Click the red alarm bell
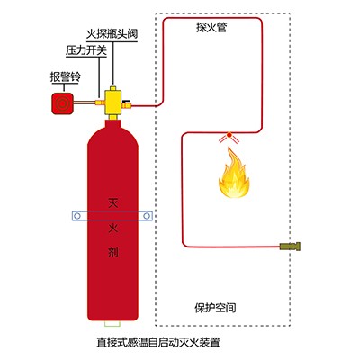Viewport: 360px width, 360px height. [62, 103]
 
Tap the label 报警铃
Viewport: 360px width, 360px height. [65, 77]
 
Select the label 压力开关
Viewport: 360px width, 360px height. [86, 50]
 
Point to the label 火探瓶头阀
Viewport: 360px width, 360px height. [112, 33]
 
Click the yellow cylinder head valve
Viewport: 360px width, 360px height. [112, 102]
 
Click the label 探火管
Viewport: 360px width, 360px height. [211, 27]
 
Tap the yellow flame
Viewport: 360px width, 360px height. [233, 174]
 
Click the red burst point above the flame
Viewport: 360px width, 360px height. [229, 135]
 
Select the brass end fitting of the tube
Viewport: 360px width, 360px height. [290, 247]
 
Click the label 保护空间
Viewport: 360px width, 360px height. [215, 308]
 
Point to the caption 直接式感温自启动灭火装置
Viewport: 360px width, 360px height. [158, 343]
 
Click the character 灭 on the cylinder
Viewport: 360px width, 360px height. [112, 202]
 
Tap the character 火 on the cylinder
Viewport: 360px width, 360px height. [112, 228]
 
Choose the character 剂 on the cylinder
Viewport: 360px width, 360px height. [112, 253]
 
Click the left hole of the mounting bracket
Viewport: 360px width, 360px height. [77, 216]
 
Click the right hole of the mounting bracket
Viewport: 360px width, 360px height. [147, 216]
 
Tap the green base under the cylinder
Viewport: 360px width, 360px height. [112, 324]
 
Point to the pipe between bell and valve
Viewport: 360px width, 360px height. [85, 103]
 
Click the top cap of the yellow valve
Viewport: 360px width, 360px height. [112, 88]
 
